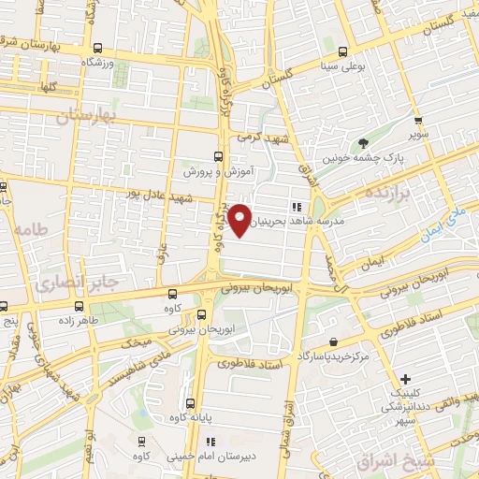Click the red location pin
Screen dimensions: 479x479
click(240, 218)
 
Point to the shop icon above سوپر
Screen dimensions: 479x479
click(417, 121)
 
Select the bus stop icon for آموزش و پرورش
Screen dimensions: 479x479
click(218, 156)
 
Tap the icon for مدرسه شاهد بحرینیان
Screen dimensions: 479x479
click(296, 207)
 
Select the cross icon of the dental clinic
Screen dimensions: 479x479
click(404, 379)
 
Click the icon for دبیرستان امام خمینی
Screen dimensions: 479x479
click(210, 441)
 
